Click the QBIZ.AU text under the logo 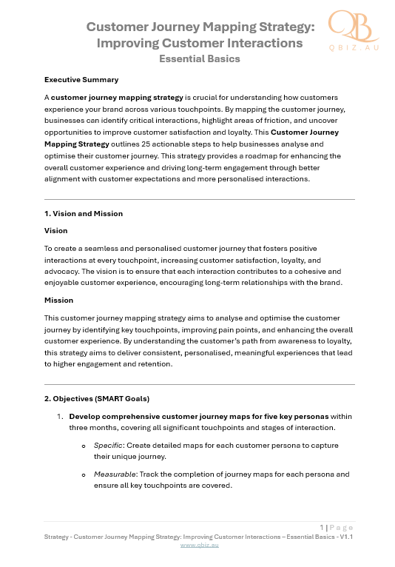tap(354, 47)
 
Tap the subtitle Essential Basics tap(200, 58)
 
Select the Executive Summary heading tap(81, 79)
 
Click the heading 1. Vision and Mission tap(84, 213)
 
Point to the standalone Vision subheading tap(55, 230)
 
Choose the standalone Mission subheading tap(58, 301)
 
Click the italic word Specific tap(108, 446)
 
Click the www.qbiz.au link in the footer tap(200, 544)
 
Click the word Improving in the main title tap(126, 43)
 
